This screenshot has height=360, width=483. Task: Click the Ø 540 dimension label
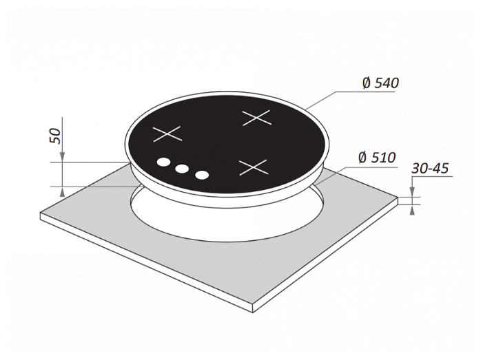pyautogui.click(x=381, y=83)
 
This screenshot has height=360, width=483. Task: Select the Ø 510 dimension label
pyautogui.click(x=377, y=158)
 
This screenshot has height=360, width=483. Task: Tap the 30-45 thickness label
pyautogui.click(x=430, y=169)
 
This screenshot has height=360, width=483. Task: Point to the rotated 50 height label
pyautogui.click(x=55, y=136)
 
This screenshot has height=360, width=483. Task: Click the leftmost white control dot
pyautogui.click(x=163, y=162)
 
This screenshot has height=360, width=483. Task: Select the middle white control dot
pyautogui.click(x=182, y=169)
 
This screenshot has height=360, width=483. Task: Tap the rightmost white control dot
pyautogui.click(x=202, y=175)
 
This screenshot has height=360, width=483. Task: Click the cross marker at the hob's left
pyautogui.click(x=167, y=134)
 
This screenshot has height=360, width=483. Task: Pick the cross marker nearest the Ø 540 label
pyautogui.click(x=256, y=118)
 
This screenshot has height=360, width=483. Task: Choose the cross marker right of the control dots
pyautogui.click(x=253, y=167)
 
